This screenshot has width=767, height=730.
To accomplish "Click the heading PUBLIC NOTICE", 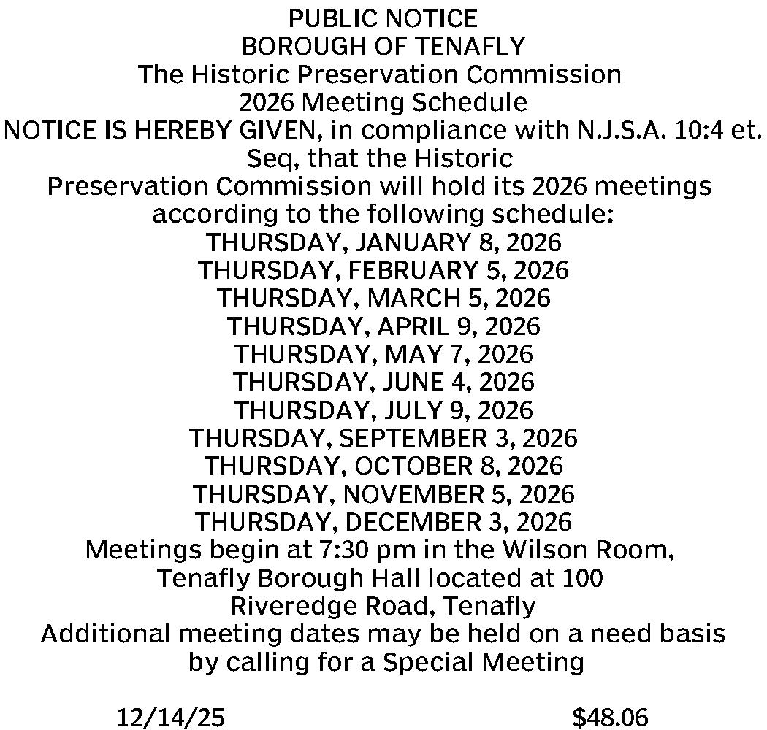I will [x=383, y=18].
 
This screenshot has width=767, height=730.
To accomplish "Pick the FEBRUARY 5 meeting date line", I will [x=383, y=270].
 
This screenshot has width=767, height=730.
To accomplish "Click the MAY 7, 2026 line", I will [x=383, y=354].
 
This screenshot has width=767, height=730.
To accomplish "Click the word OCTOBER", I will [x=419, y=466].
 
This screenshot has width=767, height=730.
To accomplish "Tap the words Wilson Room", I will [x=597, y=550].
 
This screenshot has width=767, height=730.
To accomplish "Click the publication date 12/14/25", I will [x=171, y=718].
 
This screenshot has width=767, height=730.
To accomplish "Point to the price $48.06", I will [x=610, y=718].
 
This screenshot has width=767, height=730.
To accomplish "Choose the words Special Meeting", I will [x=483, y=662].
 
